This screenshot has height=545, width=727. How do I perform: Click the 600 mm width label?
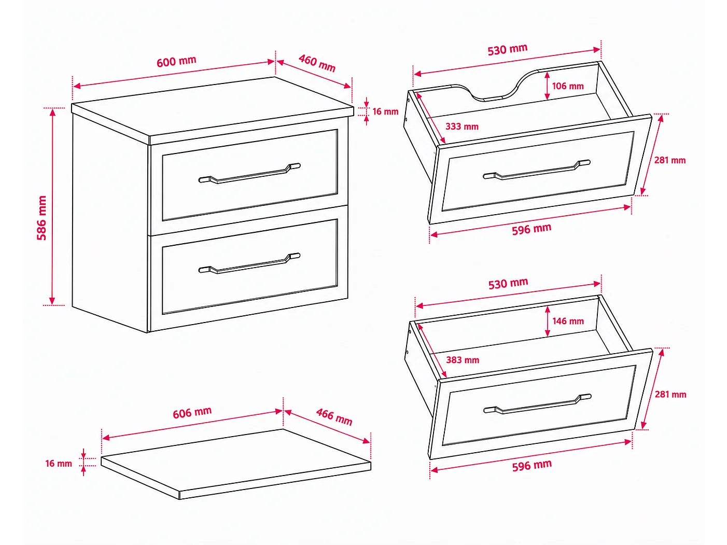point(176,61)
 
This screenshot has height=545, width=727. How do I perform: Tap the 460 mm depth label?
point(317,63)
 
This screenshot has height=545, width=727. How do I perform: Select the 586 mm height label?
point(41,218)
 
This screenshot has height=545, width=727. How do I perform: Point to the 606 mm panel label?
point(192,413)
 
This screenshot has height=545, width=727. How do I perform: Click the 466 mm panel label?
point(334,417)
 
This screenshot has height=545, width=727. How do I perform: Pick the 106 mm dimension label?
point(568,86)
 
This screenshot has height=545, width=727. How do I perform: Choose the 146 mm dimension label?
point(568,321)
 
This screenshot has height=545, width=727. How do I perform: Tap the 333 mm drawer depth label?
point(462,127)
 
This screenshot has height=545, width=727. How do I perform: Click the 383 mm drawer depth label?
point(463,360)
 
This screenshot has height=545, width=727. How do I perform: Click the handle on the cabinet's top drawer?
point(249,173)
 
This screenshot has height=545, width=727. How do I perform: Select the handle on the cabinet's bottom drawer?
point(249,263)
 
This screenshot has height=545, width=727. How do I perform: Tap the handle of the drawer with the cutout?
point(537,170)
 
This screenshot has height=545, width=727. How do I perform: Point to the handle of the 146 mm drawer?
point(537,403)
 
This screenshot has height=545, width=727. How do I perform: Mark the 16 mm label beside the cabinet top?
point(385,111)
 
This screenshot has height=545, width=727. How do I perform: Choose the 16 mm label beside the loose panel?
point(59,464)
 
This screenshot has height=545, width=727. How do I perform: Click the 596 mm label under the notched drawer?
point(532,229)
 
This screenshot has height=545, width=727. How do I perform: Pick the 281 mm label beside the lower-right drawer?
point(670,394)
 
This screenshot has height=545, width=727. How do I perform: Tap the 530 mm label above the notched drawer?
point(508,50)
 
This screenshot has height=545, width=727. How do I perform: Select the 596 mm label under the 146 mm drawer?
point(532,466)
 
